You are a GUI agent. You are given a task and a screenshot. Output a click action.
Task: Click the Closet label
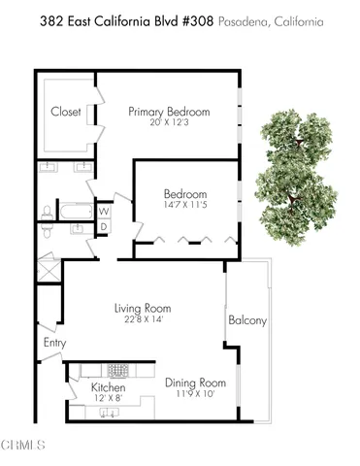pyautogui.click(x=66, y=112)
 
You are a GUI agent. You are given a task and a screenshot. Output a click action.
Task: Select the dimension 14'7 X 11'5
pyautogui.click(x=184, y=206)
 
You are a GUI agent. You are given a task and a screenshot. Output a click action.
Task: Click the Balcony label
pyautogui.click(x=247, y=320)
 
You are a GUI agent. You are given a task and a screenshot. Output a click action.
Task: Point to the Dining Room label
pyautogui.click(x=194, y=383)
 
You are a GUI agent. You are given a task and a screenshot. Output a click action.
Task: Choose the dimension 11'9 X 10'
pyautogui.click(x=194, y=393)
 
